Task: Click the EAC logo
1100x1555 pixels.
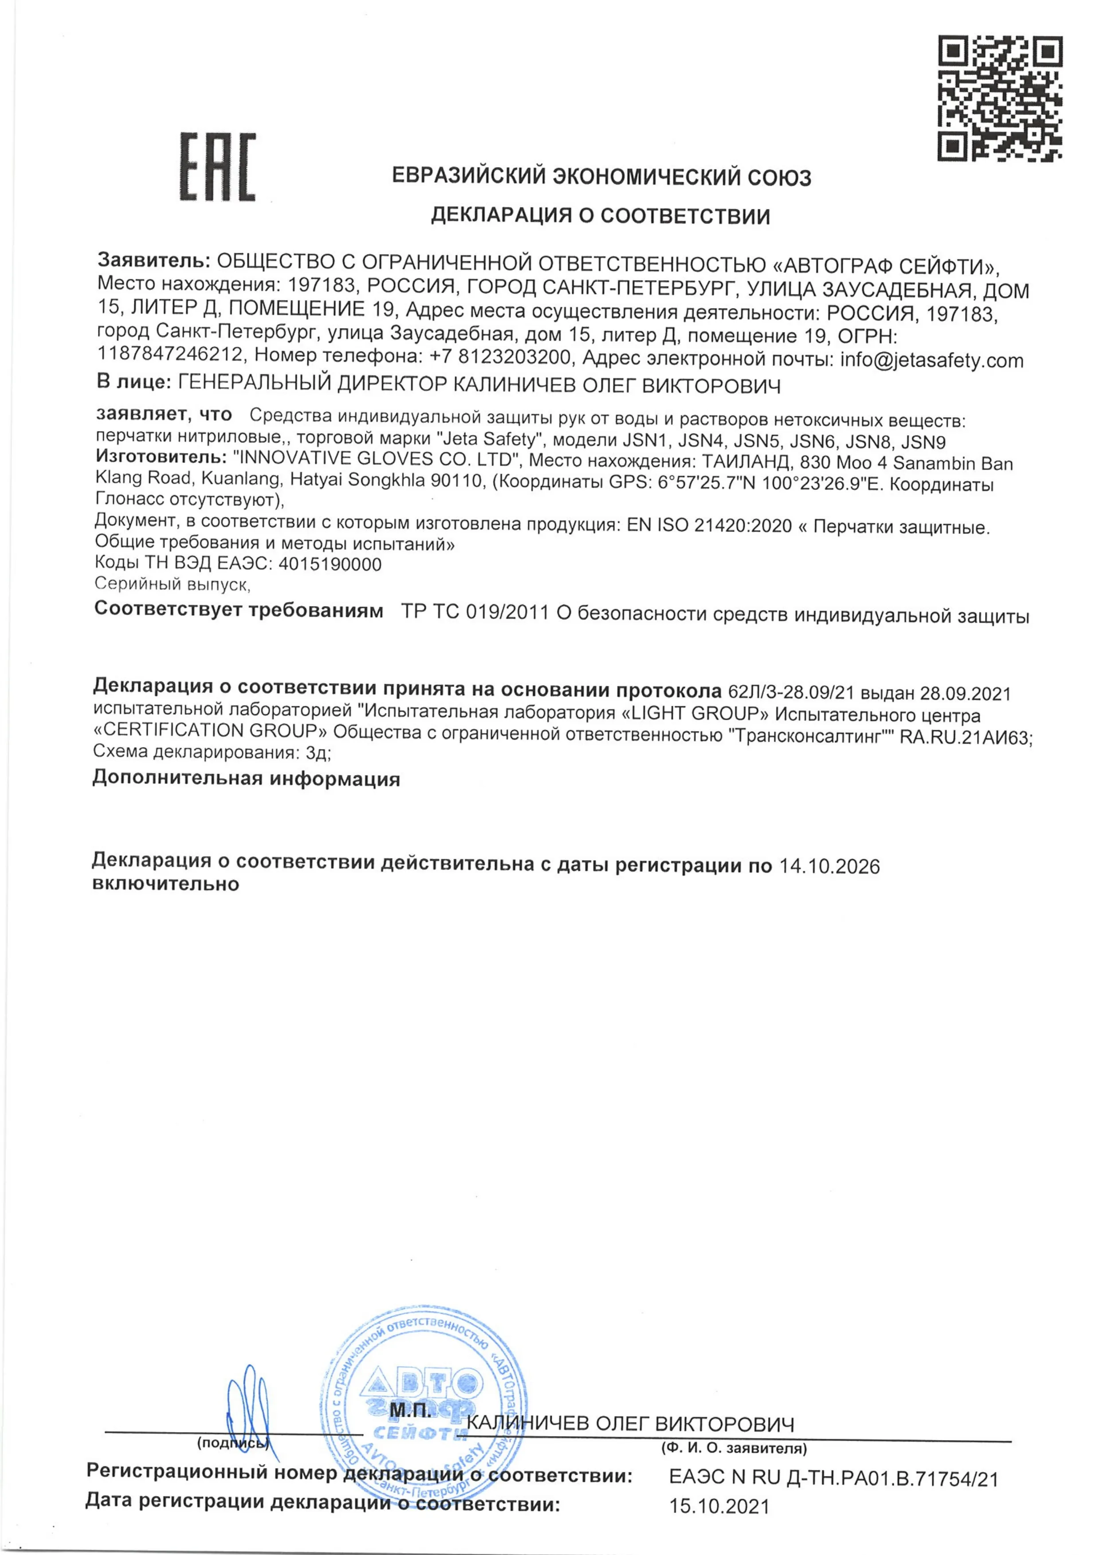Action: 217,167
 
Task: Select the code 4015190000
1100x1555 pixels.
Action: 330,564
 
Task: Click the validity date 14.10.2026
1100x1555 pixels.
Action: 829,866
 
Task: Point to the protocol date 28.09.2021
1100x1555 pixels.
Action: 965,693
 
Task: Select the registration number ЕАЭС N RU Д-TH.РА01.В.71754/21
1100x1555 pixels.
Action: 833,1478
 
